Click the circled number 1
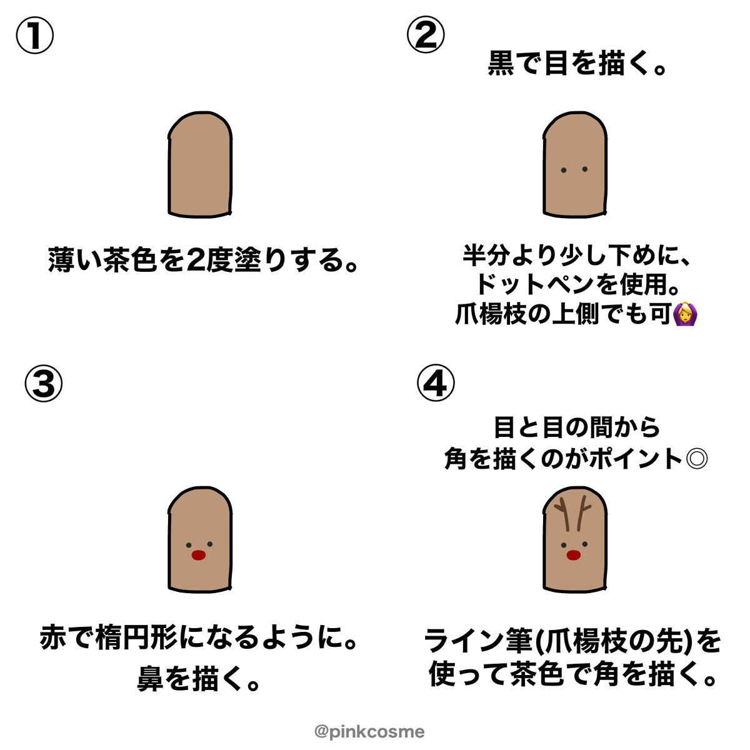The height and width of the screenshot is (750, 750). pos(34,35)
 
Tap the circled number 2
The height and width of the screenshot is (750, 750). pos(426,34)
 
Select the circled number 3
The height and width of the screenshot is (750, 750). pos(44,383)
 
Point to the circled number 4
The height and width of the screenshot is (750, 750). pos(436,383)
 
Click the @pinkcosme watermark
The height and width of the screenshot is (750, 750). pos(369,731)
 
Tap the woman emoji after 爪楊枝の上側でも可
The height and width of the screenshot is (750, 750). pos(684,314)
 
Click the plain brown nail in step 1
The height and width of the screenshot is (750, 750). pos(200,164)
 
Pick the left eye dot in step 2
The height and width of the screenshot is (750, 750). pos(564,170)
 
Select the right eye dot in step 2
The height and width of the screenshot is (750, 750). pos(584,169)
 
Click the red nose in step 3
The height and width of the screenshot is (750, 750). pos(199,555)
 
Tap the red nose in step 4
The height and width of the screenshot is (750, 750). pos(573,555)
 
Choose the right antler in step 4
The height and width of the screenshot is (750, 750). pos(583,513)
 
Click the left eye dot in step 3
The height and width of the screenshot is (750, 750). pos(189,545)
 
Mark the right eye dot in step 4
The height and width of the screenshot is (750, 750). pos(584,544)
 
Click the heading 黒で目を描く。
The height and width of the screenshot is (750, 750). pos(577,64)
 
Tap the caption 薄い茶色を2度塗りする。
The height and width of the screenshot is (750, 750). pos(202,260)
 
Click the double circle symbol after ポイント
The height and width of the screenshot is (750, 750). pos(697,459)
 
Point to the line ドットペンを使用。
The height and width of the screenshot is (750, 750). pos(577,284)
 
